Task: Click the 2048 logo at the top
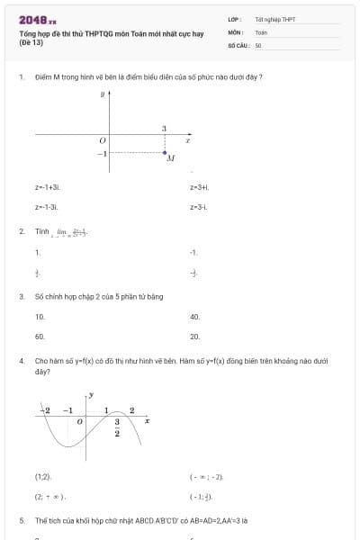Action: point(37,20)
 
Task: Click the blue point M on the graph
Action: point(164,152)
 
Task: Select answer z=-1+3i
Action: point(48,187)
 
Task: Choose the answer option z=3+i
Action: point(199,187)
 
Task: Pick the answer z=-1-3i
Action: point(46,207)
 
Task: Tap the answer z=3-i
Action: point(198,207)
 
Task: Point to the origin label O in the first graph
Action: point(102,140)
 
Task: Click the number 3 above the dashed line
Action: point(164,129)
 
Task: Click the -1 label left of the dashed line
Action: point(102,153)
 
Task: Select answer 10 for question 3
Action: point(40,317)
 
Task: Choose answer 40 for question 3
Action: point(194,317)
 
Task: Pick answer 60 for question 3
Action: point(40,337)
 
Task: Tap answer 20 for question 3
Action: point(194,337)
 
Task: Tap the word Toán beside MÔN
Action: point(261,31)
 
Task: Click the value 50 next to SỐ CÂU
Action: point(258,44)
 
